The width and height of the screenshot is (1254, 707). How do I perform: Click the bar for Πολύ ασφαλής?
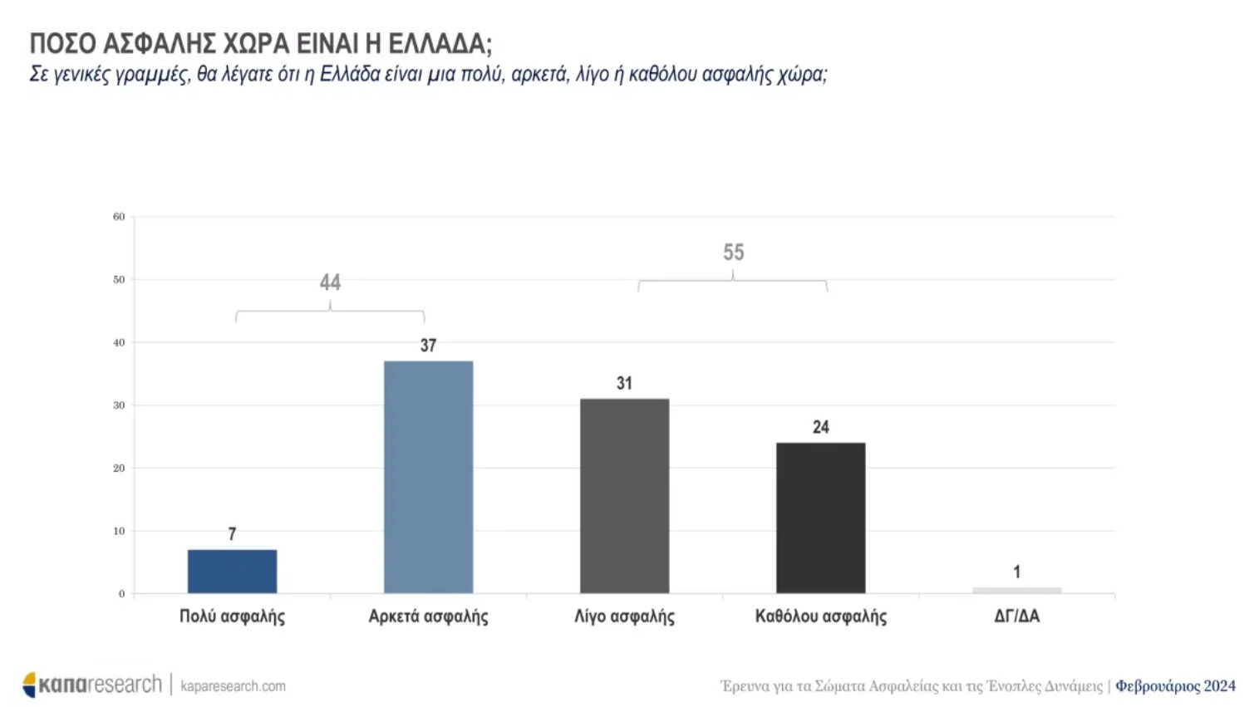coord(232,572)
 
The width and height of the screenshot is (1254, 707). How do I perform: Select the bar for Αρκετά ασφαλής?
coord(428,477)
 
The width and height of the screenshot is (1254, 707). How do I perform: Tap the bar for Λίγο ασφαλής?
coord(624,496)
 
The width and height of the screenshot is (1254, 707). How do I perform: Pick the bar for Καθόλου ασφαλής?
coord(820,518)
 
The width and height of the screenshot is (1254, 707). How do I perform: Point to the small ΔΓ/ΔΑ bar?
coord(1016,590)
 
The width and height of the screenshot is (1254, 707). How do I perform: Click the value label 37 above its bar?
coord(428,346)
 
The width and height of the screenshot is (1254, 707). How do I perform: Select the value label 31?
coord(624,384)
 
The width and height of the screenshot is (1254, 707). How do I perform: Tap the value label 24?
coord(820,427)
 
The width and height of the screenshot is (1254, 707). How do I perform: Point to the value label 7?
coord(232,534)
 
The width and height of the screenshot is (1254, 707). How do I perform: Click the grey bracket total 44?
coord(330,282)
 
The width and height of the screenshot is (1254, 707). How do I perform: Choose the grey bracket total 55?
coord(733,253)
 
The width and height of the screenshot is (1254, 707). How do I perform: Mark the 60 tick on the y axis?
coord(119,217)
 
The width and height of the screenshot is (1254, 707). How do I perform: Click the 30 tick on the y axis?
coord(119,405)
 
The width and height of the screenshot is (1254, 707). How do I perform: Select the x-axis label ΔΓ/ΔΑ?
coord(1016,616)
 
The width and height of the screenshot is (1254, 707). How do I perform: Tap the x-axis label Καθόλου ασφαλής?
coord(820,616)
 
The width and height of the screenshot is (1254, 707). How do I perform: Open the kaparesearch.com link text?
coord(233,686)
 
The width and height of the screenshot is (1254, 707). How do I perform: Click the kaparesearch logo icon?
coord(30,685)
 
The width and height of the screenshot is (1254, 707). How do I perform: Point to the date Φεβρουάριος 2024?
coord(1175,686)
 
